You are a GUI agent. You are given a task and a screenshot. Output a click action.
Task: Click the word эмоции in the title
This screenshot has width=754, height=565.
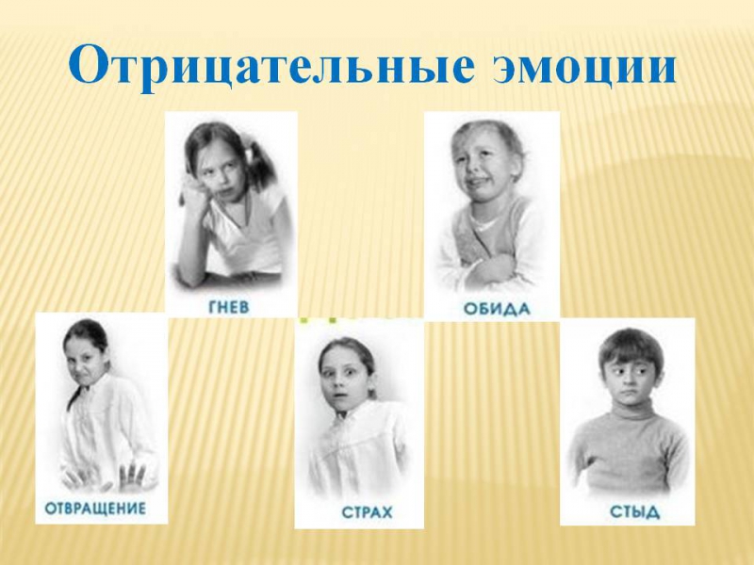(584, 68)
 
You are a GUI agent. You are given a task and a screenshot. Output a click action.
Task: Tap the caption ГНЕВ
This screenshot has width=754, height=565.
(229, 308)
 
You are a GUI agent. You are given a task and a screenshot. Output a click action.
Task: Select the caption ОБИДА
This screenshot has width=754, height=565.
(497, 309)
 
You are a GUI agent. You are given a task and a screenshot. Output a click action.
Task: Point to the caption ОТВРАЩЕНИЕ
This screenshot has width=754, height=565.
(95, 508)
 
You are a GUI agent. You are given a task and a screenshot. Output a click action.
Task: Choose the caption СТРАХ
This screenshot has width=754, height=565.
(367, 512)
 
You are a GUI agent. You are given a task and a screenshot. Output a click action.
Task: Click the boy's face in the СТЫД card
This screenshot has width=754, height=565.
(627, 378)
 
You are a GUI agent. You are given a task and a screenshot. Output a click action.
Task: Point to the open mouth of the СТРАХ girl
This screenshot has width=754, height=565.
(339, 398)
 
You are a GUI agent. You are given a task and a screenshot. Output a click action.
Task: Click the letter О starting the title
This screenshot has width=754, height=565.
(91, 64)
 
